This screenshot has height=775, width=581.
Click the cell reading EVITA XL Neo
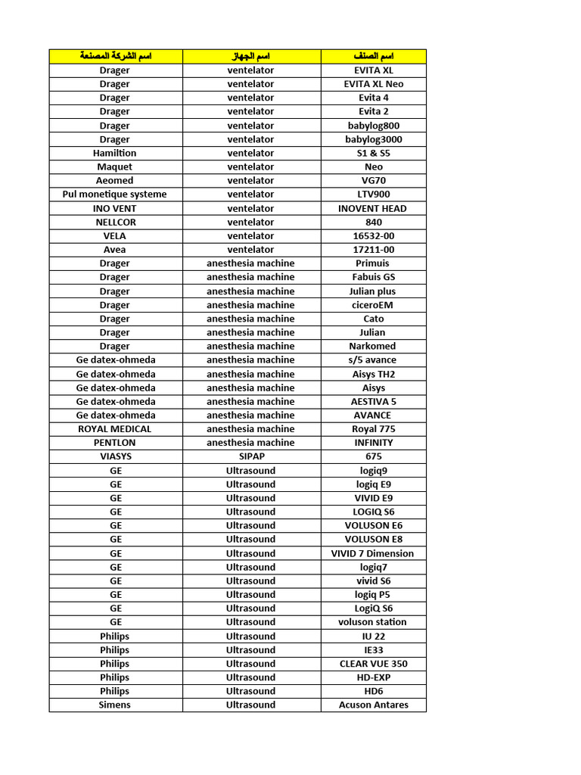tap(374, 84)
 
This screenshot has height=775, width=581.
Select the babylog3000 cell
tap(374, 139)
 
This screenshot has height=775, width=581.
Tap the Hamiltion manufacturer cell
tap(115, 153)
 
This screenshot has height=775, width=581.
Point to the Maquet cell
tap(115, 167)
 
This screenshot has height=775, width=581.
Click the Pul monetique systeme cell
tap(115, 195)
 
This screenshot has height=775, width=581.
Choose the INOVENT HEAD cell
tap(374, 208)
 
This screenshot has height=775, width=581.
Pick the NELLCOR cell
tap(115, 222)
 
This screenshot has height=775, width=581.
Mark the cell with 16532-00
tap(374, 236)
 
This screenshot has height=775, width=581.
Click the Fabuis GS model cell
tap(374, 277)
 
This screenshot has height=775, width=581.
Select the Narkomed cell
tap(374, 346)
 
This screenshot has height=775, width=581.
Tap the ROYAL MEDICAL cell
tap(115, 429)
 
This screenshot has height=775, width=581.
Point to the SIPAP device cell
tap(251, 456)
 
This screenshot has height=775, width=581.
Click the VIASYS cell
tap(115, 456)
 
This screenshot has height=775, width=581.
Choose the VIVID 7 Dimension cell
tap(374, 553)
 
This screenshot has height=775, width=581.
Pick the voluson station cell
tap(374, 622)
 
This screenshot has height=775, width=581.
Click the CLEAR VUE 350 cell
tap(374, 664)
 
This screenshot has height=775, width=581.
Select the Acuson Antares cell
tap(374, 705)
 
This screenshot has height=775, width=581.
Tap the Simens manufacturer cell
tap(115, 705)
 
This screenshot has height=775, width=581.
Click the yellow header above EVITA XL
tap(374, 57)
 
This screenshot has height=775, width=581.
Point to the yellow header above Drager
tap(115, 57)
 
